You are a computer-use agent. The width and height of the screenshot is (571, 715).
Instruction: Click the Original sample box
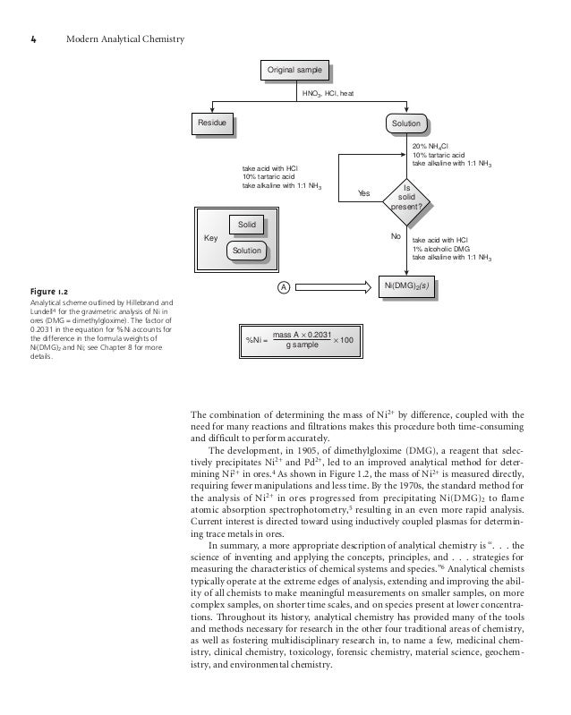(x=294, y=71)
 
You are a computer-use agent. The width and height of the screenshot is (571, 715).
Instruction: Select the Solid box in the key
(x=247, y=224)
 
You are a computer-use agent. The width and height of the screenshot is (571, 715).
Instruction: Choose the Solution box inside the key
(x=246, y=251)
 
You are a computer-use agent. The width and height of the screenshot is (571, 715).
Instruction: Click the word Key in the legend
(x=211, y=239)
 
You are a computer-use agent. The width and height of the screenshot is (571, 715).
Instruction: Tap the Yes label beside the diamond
(x=363, y=193)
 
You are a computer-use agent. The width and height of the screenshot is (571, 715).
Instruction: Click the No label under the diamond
(x=395, y=236)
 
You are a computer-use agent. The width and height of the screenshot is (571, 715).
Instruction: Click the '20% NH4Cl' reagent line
(x=430, y=145)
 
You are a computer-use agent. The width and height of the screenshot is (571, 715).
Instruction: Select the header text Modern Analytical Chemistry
(x=124, y=40)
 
